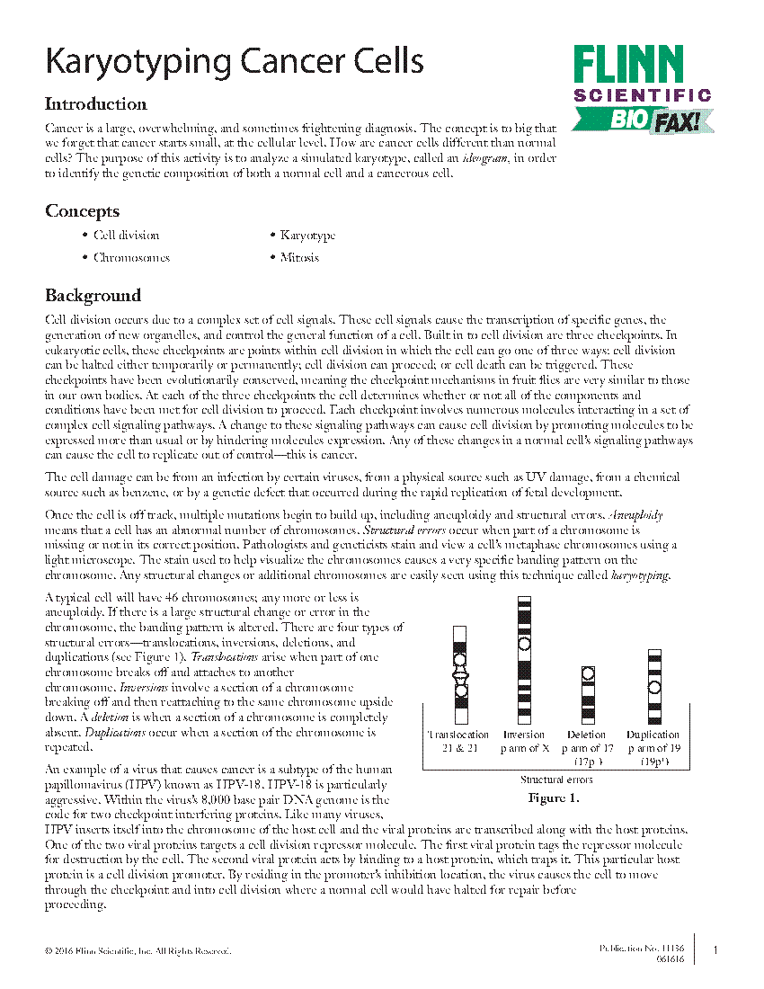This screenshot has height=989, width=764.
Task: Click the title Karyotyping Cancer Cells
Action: [234, 63]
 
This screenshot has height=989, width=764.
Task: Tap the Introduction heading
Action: [96, 103]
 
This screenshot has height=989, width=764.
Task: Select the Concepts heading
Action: [82, 211]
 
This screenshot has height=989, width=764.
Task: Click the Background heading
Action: [93, 296]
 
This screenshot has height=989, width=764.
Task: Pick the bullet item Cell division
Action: [126, 236]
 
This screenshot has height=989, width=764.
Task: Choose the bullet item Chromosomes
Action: [131, 258]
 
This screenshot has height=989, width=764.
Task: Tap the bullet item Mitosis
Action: [299, 258]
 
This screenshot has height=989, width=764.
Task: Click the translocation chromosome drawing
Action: [460, 674]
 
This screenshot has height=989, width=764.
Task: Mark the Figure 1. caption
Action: [553, 797]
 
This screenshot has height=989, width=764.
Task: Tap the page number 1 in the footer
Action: [715, 950]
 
